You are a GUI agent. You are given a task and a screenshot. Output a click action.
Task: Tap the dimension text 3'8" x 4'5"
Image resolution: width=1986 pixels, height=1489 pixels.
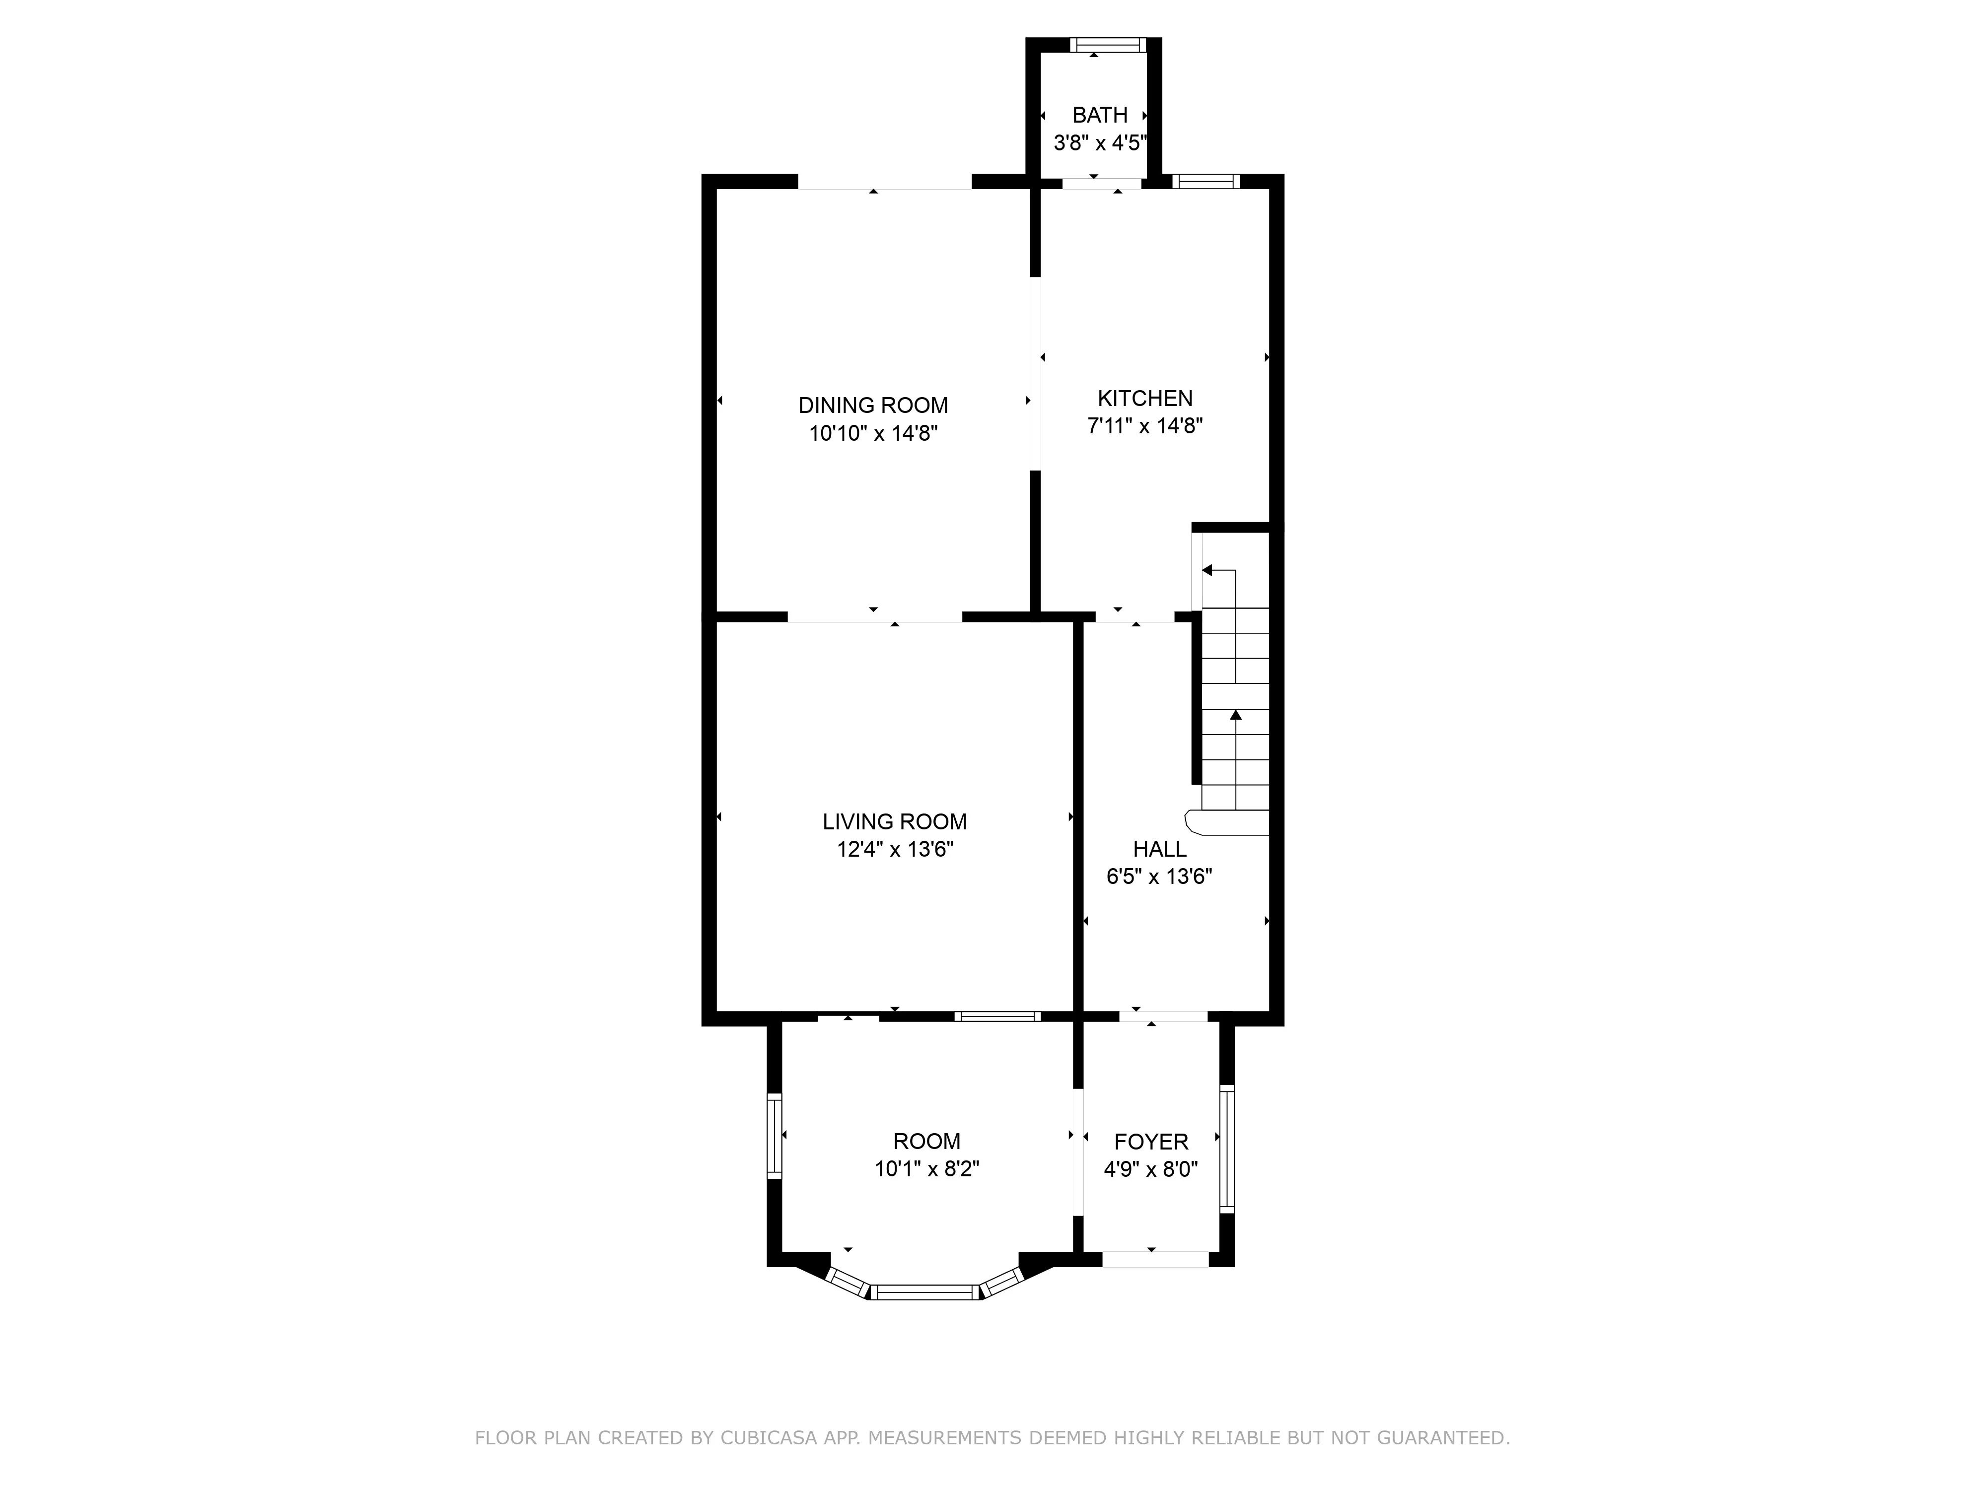(x=1100, y=143)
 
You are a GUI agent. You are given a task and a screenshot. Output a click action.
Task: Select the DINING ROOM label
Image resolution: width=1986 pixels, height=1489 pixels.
(x=873, y=406)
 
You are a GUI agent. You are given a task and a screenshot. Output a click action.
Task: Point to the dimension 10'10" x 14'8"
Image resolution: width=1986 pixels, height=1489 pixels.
(x=873, y=433)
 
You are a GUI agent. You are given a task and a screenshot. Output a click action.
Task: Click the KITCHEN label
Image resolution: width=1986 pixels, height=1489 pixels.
(x=1145, y=399)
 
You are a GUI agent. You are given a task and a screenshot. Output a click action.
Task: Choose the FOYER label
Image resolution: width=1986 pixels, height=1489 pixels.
(x=1151, y=1142)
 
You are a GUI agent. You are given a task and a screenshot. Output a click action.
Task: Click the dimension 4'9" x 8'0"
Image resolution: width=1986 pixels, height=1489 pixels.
(x=1151, y=1169)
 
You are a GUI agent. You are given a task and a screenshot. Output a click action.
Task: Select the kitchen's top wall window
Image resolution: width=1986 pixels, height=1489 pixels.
(x=1206, y=181)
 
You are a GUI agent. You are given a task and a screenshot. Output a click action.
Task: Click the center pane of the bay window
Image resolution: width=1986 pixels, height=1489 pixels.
(x=925, y=1292)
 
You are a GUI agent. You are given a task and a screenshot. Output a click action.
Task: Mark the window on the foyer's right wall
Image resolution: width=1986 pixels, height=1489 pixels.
(x=1226, y=1149)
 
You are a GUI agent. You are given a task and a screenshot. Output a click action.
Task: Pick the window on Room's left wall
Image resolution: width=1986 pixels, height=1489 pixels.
(x=774, y=1136)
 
